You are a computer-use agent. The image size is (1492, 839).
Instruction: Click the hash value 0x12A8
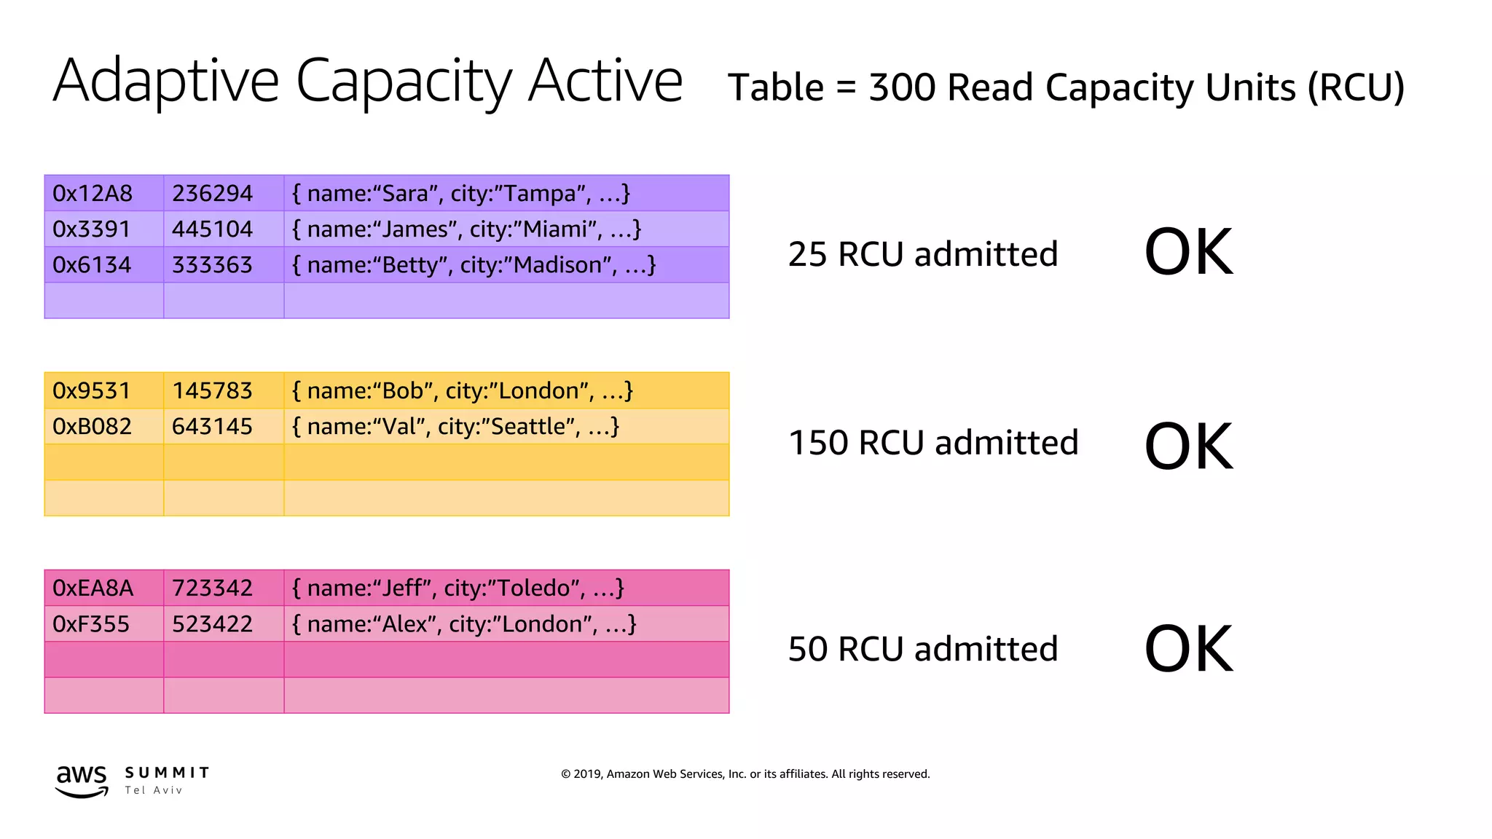click(x=93, y=194)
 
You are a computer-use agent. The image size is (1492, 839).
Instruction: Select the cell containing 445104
click(x=212, y=229)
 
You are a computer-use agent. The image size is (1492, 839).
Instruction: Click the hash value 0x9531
click(x=92, y=391)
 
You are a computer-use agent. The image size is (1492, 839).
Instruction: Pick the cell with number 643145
click(x=212, y=427)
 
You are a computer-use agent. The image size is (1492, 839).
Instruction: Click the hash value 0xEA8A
click(x=93, y=588)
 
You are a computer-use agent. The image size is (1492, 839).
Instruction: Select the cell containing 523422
click(x=212, y=624)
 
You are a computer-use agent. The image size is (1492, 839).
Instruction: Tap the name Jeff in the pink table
click(x=401, y=588)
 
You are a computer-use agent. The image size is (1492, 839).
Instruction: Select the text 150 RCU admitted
click(x=932, y=443)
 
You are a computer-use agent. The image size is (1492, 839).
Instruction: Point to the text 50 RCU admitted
click(x=922, y=649)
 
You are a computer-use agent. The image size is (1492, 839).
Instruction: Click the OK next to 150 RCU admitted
click(x=1188, y=446)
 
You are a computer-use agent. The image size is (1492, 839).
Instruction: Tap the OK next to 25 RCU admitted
click(x=1188, y=252)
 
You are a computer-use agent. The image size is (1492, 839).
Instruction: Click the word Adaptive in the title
click(x=166, y=82)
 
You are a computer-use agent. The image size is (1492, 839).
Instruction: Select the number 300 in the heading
click(x=902, y=87)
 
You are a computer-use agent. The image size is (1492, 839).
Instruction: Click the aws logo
click(x=82, y=781)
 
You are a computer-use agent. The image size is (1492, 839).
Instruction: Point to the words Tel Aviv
click(x=153, y=790)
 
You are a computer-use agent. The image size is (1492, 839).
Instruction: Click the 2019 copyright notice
click(x=745, y=774)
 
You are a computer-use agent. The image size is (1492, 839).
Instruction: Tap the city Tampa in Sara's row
click(x=539, y=194)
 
